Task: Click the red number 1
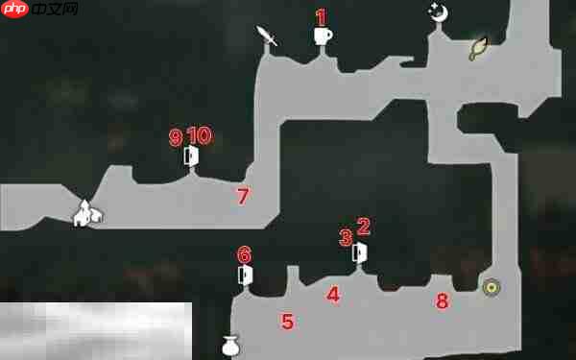pyautogui.click(x=321, y=17)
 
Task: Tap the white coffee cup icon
pyautogui.click(x=323, y=36)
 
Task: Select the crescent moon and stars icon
pyautogui.click(x=439, y=13)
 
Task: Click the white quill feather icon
pyautogui.click(x=266, y=36)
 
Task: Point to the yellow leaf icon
pyautogui.click(x=478, y=49)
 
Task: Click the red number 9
pyautogui.click(x=176, y=137)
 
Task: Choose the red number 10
pyautogui.click(x=200, y=135)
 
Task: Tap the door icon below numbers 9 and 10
pyautogui.click(x=191, y=156)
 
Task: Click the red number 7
pyautogui.click(x=243, y=196)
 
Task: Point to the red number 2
pyautogui.click(x=363, y=226)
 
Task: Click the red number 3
pyautogui.click(x=346, y=238)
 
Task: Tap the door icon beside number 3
pyautogui.click(x=359, y=252)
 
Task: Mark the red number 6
pyautogui.click(x=245, y=255)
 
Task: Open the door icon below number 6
pyautogui.click(x=245, y=276)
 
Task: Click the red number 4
pyautogui.click(x=333, y=295)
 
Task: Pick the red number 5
pyautogui.click(x=287, y=322)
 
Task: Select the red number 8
pyautogui.click(x=442, y=301)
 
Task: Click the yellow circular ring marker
pyautogui.click(x=492, y=287)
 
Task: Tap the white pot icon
pyautogui.click(x=231, y=346)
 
